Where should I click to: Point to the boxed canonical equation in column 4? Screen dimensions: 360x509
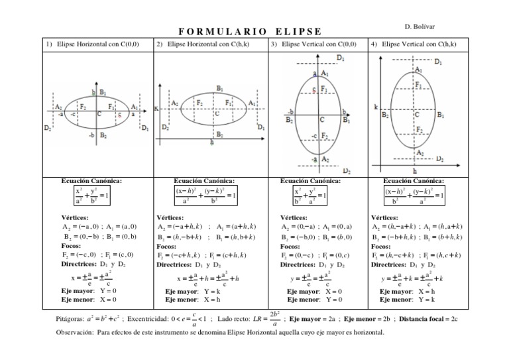tap(414, 196)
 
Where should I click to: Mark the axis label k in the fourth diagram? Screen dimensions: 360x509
tap(376, 106)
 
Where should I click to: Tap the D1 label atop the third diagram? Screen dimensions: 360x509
tap(340, 58)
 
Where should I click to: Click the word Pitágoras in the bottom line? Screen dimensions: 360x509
tap(73, 319)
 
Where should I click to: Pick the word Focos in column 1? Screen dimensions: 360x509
tap(71, 245)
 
